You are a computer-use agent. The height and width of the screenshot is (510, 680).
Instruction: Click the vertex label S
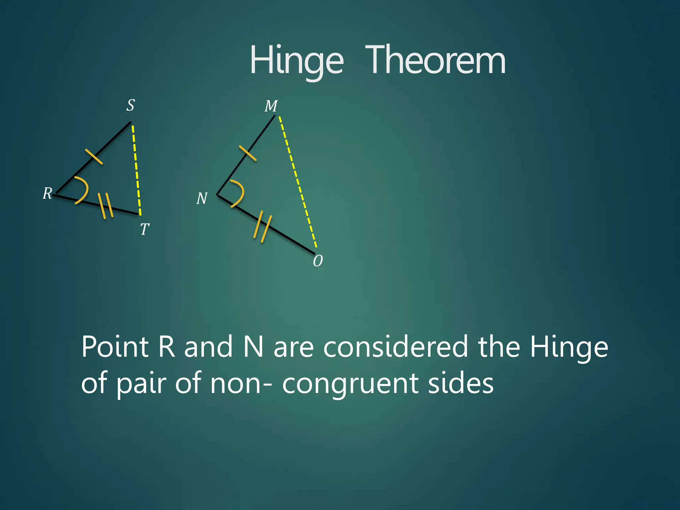(130, 105)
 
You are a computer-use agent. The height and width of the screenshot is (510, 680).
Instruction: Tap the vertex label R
(47, 193)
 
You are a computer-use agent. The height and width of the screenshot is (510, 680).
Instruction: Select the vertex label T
(144, 229)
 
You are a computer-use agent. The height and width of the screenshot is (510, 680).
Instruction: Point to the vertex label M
(271, 106)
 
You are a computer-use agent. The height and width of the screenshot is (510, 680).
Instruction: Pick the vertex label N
(202, 199)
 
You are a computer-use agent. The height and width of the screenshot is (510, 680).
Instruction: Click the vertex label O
(318, 261)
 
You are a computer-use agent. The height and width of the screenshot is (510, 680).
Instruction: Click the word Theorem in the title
(435, 60)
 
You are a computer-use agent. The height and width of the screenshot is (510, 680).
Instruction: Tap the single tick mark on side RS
(94, 156)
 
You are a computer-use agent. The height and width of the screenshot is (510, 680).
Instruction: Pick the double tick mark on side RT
(106, 206)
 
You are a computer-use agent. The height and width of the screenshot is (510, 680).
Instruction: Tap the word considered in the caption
(395, 347)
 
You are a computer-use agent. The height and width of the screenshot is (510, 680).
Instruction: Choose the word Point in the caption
(115, 347)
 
